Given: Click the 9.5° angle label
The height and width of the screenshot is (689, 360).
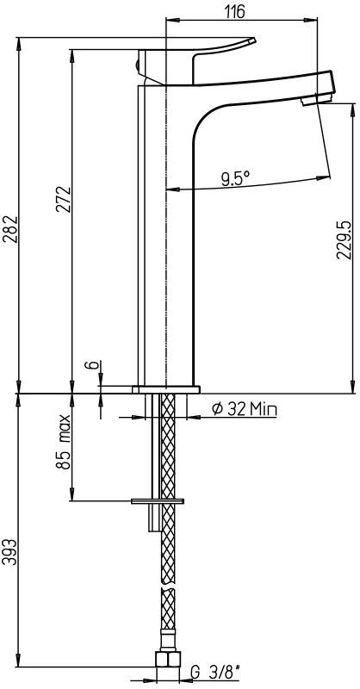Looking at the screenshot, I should [x=234, y=178].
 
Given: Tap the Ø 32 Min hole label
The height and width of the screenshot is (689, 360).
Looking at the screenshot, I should [x=244, y=410].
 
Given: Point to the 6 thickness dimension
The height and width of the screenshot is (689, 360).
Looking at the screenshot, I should [x=89, y=367].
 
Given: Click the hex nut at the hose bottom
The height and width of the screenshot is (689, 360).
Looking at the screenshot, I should [x=166, y=661].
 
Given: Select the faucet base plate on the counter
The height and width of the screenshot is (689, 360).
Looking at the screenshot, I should [x=166, y=388].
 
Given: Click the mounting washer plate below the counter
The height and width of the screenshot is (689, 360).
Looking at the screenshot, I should [x=158, y=500].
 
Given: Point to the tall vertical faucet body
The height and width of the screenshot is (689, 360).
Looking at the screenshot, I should [x=166, y=241].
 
